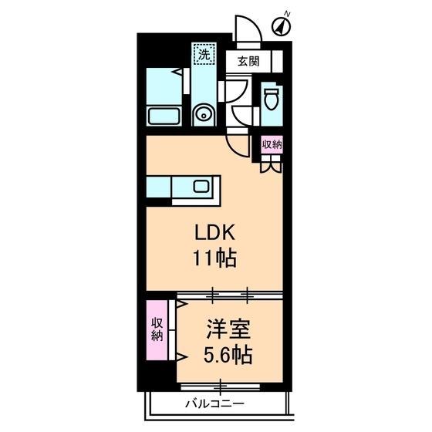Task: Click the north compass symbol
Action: [x=282, y=26]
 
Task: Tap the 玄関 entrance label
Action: [x=248, y=61]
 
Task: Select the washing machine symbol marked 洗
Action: [x=204, y=54]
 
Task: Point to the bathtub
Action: [x=164, y=116]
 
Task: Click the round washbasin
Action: [x=204, y=116]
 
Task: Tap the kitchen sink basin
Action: [x=201, y=186]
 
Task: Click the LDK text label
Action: [x=215, y=233]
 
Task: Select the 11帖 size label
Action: [x=215, y=258]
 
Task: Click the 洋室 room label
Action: [x=228, y=329]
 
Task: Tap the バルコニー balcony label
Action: [x=215, y=404]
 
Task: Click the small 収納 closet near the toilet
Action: [x=272, y=144]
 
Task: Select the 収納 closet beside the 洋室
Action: [x=157, y=330]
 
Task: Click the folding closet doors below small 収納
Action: [x=272, y=164]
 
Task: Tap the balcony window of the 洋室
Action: [x=221, y=386]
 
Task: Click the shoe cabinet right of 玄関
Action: [x=278, y=61]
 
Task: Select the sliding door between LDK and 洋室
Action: [x=230, y=295]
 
